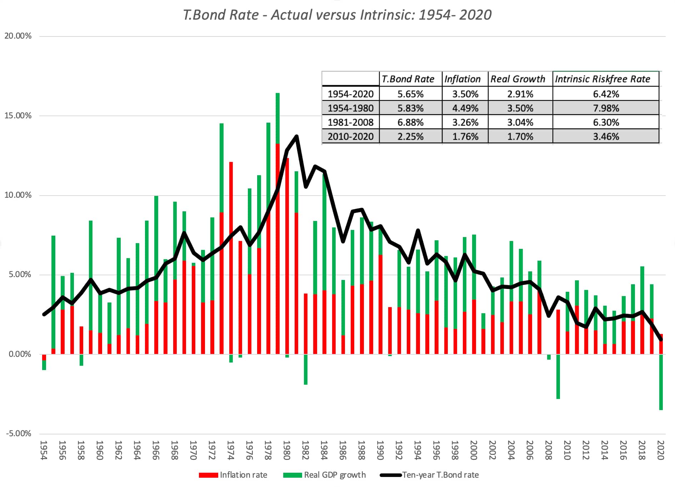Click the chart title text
337,15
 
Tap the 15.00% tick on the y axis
18,115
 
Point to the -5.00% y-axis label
19,433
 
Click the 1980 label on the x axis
286,450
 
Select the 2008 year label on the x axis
549,450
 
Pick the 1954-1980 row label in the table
350,108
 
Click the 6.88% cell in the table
410,122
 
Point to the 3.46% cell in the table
606,136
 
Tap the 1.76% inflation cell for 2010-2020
465,136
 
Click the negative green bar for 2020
661,383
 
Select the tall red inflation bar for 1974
231,257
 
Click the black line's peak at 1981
296,136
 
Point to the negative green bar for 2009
558,377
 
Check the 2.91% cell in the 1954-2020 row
520,94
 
